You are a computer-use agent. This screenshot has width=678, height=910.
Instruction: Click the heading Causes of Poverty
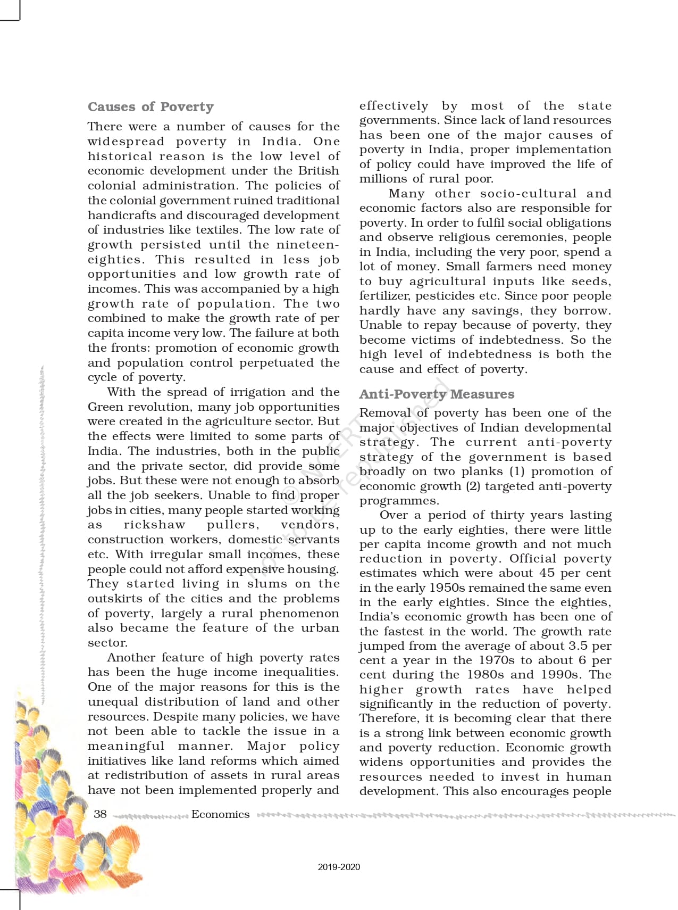(x=150, y=107)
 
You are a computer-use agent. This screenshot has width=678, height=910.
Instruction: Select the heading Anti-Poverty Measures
(x=437, y=394)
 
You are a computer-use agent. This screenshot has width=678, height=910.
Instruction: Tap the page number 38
(x=100, y=814)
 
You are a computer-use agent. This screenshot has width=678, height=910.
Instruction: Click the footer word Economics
(x=220, y=814)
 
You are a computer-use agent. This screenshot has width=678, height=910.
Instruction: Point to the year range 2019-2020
(x=339, y=867)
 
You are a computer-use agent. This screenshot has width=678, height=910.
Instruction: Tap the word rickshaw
(x=154, y=525)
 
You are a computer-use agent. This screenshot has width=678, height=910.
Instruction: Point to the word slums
(x=267, y=584)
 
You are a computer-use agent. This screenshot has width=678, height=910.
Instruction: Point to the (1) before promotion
(x=517, y=471)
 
